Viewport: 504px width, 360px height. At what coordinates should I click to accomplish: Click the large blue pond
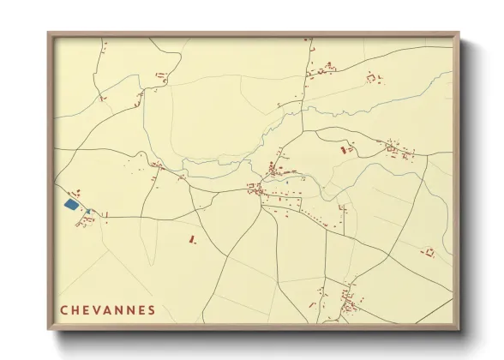pyautogui.click(x=70, y=205)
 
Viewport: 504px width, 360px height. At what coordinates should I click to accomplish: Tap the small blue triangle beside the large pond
pyautogui.click(x=87, y=211)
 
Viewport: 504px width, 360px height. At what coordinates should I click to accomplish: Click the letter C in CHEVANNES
pyautogui.click(x=64, y=309)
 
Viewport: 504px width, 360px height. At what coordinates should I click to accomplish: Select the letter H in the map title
pyautogui.click(x=78, y=309)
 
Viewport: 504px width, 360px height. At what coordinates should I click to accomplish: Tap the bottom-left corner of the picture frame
pyautogui.click(x=49, y=329)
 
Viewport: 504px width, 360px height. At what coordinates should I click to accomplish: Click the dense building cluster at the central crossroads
pyautogui.click(x=257, y=189)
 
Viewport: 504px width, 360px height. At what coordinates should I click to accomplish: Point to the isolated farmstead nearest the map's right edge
pyautogui.click(x=428, y=252)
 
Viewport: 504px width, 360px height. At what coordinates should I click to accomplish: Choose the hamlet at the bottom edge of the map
pyautogui.click(x=348, y=302)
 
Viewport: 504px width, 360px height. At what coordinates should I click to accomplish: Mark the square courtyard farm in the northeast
pyautogui.click(x=372, y=78)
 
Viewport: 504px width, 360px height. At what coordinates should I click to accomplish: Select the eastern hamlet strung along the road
pyautogui.click(x=399, y=151)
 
